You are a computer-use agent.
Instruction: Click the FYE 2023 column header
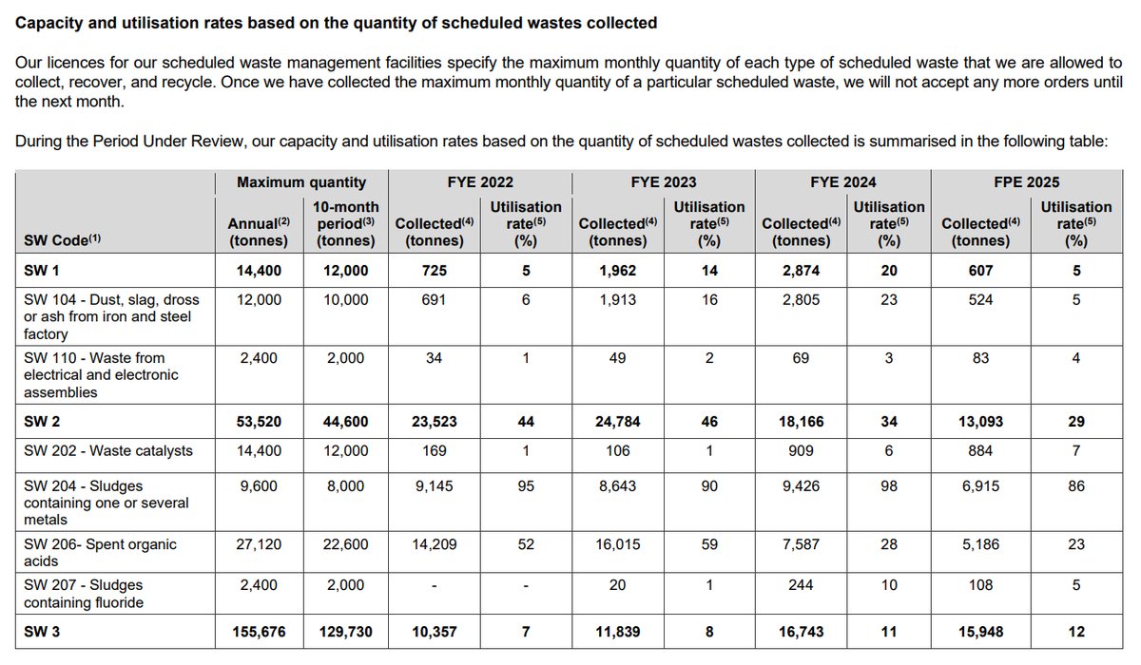(x=663, y=181)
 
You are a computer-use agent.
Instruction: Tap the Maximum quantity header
(x=300, y=181)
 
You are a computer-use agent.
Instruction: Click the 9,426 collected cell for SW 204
(x=801, y=484)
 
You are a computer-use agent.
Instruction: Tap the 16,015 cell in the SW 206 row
(x=617, y=545)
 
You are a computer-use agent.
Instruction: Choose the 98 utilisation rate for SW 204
(x=889, y=484)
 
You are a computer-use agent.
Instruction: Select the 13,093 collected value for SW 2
(x=979, y=422)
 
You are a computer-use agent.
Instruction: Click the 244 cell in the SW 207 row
(x=801, y=586)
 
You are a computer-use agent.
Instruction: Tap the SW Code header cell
(x=63, y=240)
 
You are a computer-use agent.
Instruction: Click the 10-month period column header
(x=345, y=223)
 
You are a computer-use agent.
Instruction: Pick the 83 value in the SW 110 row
(x=979, y=357)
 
